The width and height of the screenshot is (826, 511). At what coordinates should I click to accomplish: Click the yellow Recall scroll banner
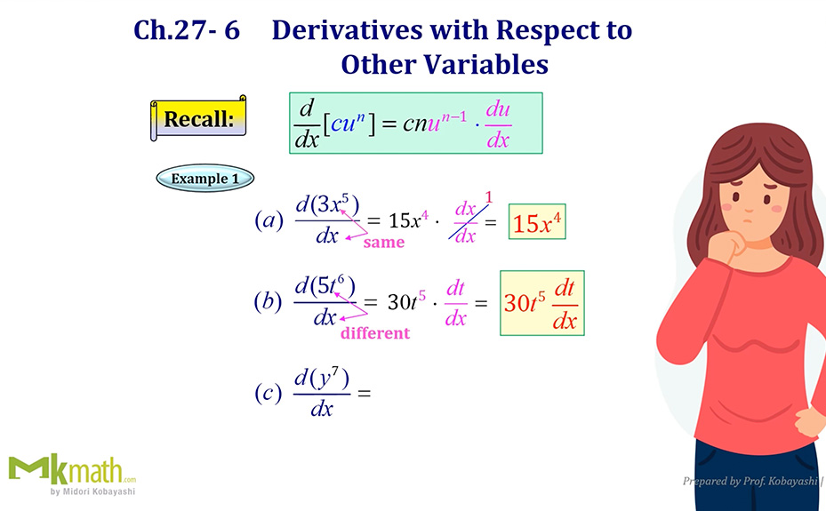coord(198,118)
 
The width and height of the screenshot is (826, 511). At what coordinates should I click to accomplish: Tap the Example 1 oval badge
coord(204,178)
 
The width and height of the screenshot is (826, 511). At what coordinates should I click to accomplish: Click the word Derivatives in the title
coord(350,30)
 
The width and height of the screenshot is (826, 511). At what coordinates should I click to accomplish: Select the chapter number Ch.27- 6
coord(187,30)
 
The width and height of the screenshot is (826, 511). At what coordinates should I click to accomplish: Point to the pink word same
coord(383,242)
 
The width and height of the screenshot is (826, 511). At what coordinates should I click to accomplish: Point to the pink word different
coord(374,333)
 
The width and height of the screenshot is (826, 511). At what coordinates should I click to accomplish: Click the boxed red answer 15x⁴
coord(537,222)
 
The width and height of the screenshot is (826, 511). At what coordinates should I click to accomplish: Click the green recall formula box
coord(415,123)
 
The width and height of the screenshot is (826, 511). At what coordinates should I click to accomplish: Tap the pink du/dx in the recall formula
coord(498,124)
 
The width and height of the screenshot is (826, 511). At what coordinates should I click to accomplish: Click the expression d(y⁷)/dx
coord(321,393)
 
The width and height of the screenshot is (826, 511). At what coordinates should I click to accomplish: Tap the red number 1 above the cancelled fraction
coord(488,198)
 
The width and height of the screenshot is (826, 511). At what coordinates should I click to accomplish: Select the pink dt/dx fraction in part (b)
coord(455,303)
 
